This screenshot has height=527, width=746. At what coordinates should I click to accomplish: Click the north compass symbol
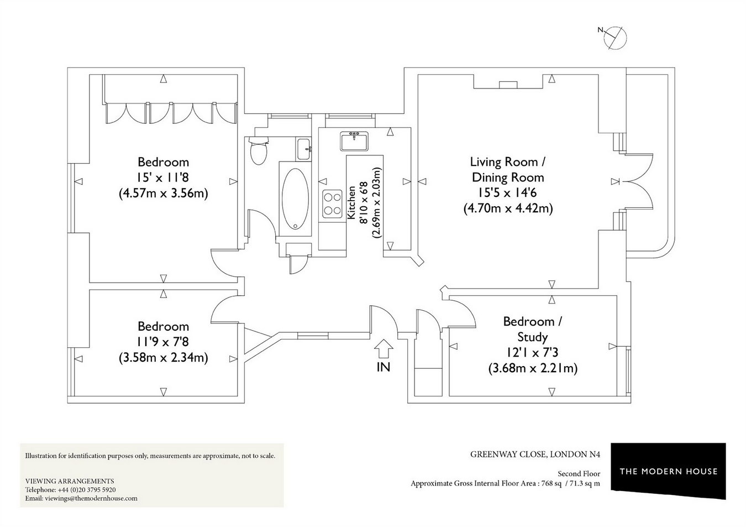click(x=614, y=38)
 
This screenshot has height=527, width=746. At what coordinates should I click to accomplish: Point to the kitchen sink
click(x=353, y=141)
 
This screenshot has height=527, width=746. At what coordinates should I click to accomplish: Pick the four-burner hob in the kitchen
click(x=332, y=203)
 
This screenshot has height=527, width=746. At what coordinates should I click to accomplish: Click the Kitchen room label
click(x=351, y=204)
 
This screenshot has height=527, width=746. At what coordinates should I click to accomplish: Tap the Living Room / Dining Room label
click(x=507, y=170)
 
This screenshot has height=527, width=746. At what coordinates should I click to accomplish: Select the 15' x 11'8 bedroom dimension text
click(x=163, y=178)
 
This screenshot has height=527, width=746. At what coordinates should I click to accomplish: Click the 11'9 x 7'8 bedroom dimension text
click(x=163, y=342)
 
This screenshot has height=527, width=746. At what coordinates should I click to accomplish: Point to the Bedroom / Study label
click(x=532, y=329)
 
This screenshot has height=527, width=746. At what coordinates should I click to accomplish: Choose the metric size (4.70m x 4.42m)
click(x=507, y=208)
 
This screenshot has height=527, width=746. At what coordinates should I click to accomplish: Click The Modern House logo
click(x=668, y=471)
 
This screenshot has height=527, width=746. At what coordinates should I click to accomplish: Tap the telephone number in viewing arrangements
click(x=86, y=489)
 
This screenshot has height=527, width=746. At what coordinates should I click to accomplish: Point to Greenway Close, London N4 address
click(x=535, y=455)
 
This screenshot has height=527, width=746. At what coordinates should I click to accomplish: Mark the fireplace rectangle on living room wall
click(x=508, y=85)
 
